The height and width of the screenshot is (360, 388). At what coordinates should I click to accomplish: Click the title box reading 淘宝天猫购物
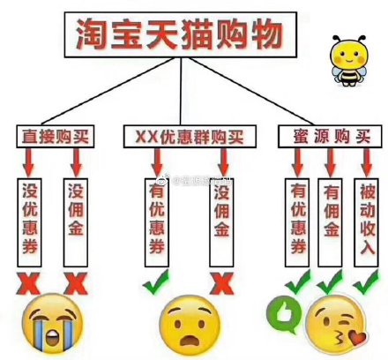[x=181, y=34]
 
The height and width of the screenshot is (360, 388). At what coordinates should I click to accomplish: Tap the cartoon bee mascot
[x=348, y=61]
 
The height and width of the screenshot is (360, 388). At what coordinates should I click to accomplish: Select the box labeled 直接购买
[x=56, y=136]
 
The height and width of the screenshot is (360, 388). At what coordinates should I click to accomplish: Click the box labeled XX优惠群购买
[x=190, y=136]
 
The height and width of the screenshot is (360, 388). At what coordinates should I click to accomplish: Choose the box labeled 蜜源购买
[x=330, y=136]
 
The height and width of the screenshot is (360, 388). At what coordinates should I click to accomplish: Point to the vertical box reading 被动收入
[x=367, y=222]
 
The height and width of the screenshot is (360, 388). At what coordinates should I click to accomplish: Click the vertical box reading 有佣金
[x=330, y=222]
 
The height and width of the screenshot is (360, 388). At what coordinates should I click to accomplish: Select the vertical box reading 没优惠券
[x=29, y=222]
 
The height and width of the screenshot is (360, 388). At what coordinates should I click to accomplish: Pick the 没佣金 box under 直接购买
[x=76, y=222]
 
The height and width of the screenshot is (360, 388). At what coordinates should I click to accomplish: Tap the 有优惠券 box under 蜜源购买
[x=297, y=222]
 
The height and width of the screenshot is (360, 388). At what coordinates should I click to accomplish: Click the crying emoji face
[x=53, y=324]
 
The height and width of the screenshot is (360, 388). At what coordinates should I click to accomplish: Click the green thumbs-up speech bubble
[x=284, y=314]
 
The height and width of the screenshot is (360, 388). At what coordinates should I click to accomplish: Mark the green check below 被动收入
[x=366, y=282]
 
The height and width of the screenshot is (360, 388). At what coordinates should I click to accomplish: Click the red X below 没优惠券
[x=28, y=283]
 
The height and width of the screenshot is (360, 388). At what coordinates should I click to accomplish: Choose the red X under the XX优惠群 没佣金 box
[x=222, y=283]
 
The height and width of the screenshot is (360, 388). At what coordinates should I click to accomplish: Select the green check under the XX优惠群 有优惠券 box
[x=156, y=281]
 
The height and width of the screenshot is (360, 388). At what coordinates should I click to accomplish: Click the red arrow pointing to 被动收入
[x=367, y=162]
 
